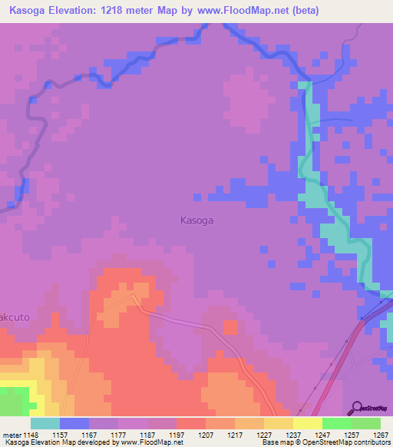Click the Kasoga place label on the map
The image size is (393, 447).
196,220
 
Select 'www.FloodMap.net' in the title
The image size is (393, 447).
236,11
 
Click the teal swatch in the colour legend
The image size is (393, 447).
45,423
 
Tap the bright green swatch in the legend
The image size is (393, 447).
337,423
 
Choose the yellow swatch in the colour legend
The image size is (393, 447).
308,423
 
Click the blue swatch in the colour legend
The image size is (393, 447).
74,423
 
